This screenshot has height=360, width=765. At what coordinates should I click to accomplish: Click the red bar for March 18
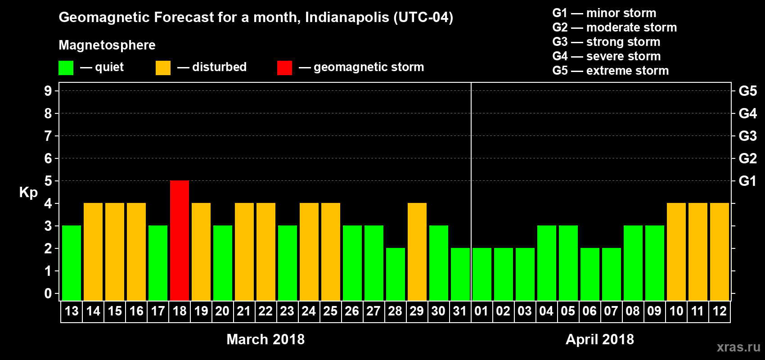(180, 240)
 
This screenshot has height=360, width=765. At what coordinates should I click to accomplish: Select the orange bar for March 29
(417, 252)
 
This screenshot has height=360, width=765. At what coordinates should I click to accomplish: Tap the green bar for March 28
(396, 274)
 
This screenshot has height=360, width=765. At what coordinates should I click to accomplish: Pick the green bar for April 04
(547, 263)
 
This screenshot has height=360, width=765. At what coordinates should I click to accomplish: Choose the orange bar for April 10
(676, 252)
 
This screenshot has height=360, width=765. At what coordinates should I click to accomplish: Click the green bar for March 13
(72, 263)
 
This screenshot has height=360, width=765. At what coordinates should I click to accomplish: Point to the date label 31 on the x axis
(460, 311)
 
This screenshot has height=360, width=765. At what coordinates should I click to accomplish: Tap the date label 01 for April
(481, 311)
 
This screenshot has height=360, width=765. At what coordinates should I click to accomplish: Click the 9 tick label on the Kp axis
(48, 91)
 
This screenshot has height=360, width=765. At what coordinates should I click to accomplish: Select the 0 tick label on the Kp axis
(48, 293)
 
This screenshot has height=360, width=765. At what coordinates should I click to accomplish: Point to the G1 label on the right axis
(747, 181)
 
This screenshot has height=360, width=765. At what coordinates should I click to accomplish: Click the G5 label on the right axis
(747, 91)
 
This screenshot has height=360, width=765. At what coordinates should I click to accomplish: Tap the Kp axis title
(28, 193)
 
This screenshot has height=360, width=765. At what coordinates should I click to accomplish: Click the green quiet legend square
(66, 68)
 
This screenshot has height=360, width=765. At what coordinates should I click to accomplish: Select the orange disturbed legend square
(163, 68)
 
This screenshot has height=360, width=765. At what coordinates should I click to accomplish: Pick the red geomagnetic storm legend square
(284, 68)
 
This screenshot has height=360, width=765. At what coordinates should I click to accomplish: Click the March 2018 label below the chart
(265, 339)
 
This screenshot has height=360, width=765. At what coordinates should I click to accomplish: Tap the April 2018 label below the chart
(600, 339)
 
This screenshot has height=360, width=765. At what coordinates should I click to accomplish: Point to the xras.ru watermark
(738, 347)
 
